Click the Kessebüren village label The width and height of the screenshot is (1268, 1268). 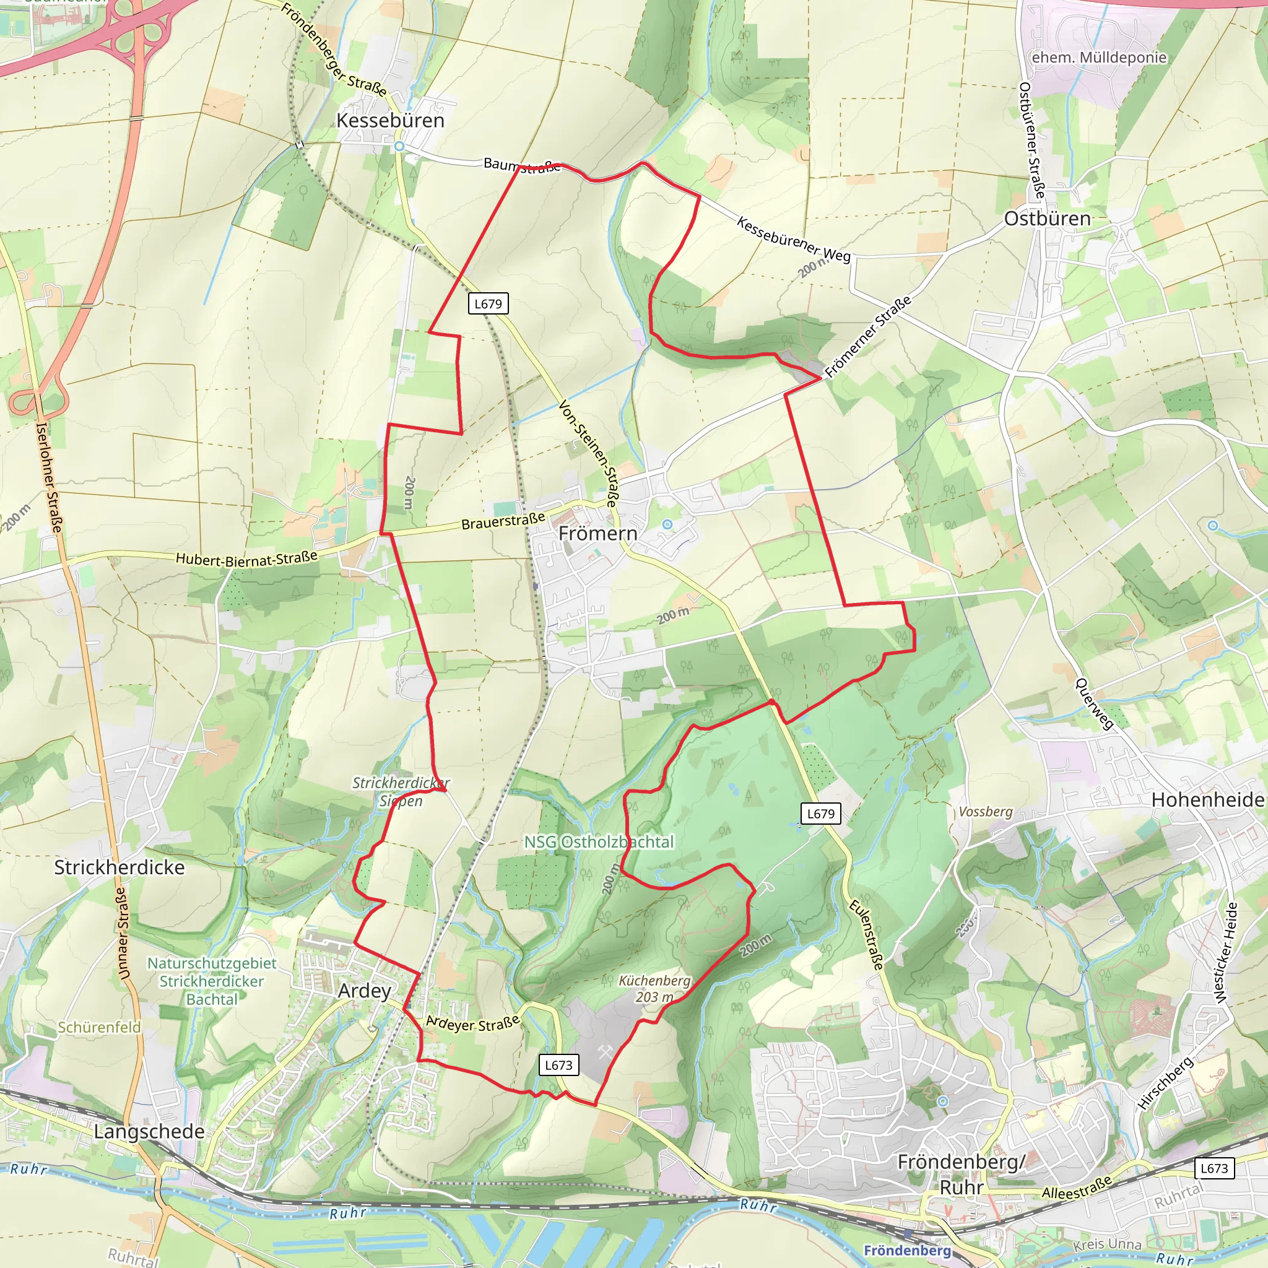point(390,120)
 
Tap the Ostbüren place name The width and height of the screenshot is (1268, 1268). point(1047,219)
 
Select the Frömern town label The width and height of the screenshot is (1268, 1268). point(597,533)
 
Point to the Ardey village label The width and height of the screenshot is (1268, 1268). point(364,991)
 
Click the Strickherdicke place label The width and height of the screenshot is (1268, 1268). point(119,867)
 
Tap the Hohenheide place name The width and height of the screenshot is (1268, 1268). point(1207,799)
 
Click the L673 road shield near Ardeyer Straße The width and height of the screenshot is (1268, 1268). point(558,1064)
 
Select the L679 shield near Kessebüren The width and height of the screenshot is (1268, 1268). point(488,303)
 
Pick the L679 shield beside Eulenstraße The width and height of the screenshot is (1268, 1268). point(820,814)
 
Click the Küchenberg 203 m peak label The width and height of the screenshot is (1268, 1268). point(654,988)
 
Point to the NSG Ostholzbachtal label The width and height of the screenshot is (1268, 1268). point(599,841)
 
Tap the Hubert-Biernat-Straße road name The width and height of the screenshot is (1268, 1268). point(246,558)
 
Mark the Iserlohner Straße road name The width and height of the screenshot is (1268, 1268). point(51,477)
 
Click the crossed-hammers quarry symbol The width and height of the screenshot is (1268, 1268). point(604,1053)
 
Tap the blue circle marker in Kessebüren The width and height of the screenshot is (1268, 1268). point(399,146)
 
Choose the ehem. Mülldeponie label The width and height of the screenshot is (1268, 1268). point(1099,57)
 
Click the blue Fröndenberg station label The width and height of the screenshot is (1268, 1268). point(907,1250)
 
